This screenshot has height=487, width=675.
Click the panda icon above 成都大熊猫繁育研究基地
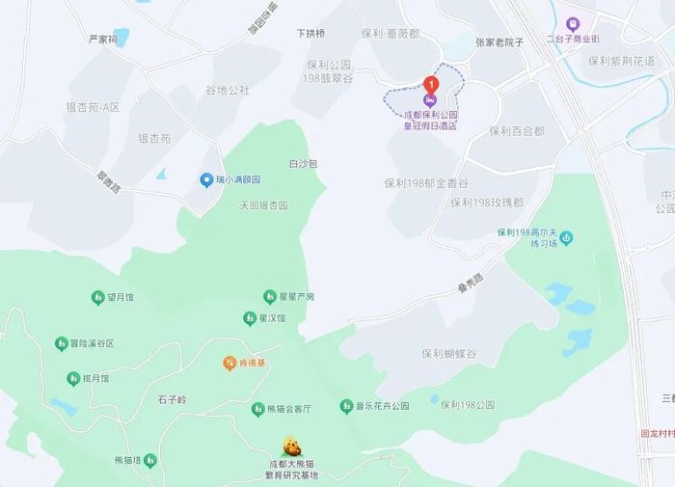291,446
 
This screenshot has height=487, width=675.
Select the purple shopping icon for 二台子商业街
573,23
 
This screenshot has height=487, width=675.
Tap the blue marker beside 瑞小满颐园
205,180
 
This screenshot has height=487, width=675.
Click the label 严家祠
102,40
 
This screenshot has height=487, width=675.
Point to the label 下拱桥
310,33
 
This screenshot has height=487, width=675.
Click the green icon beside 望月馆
97,297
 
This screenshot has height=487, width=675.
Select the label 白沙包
303,164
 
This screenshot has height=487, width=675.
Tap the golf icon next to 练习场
566,237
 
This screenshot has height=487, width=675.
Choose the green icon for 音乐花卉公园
346,406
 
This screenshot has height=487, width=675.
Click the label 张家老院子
499,42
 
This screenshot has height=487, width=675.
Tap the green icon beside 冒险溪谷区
61,343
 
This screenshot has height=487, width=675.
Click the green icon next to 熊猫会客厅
257,409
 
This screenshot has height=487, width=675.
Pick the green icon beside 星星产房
270,296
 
